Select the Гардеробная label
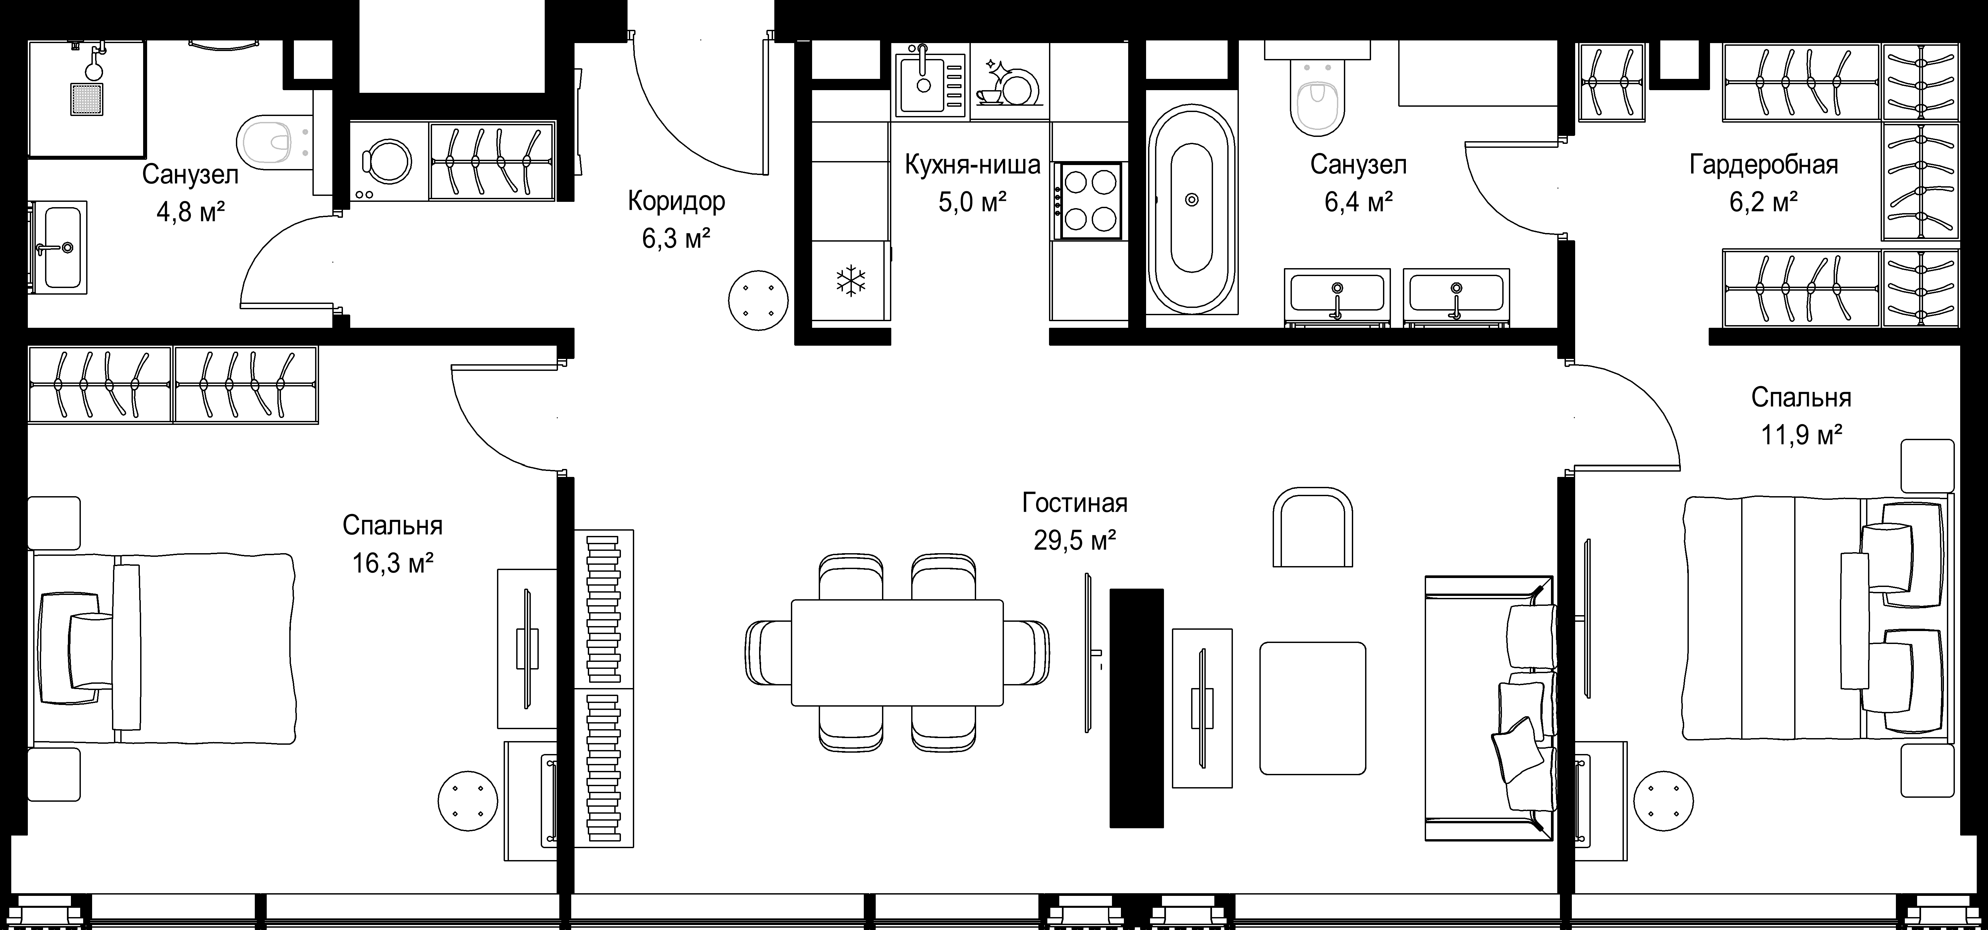(x=1763, y=164)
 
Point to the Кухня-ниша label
(x=972, y=164)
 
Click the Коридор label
(x=676, y=202)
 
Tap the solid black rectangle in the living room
(x=1136, y=708)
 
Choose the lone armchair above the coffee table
(x=1312, y=526)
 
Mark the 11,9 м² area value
(x=1801, y=435)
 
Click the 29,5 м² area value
(x=1075, y=540)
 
